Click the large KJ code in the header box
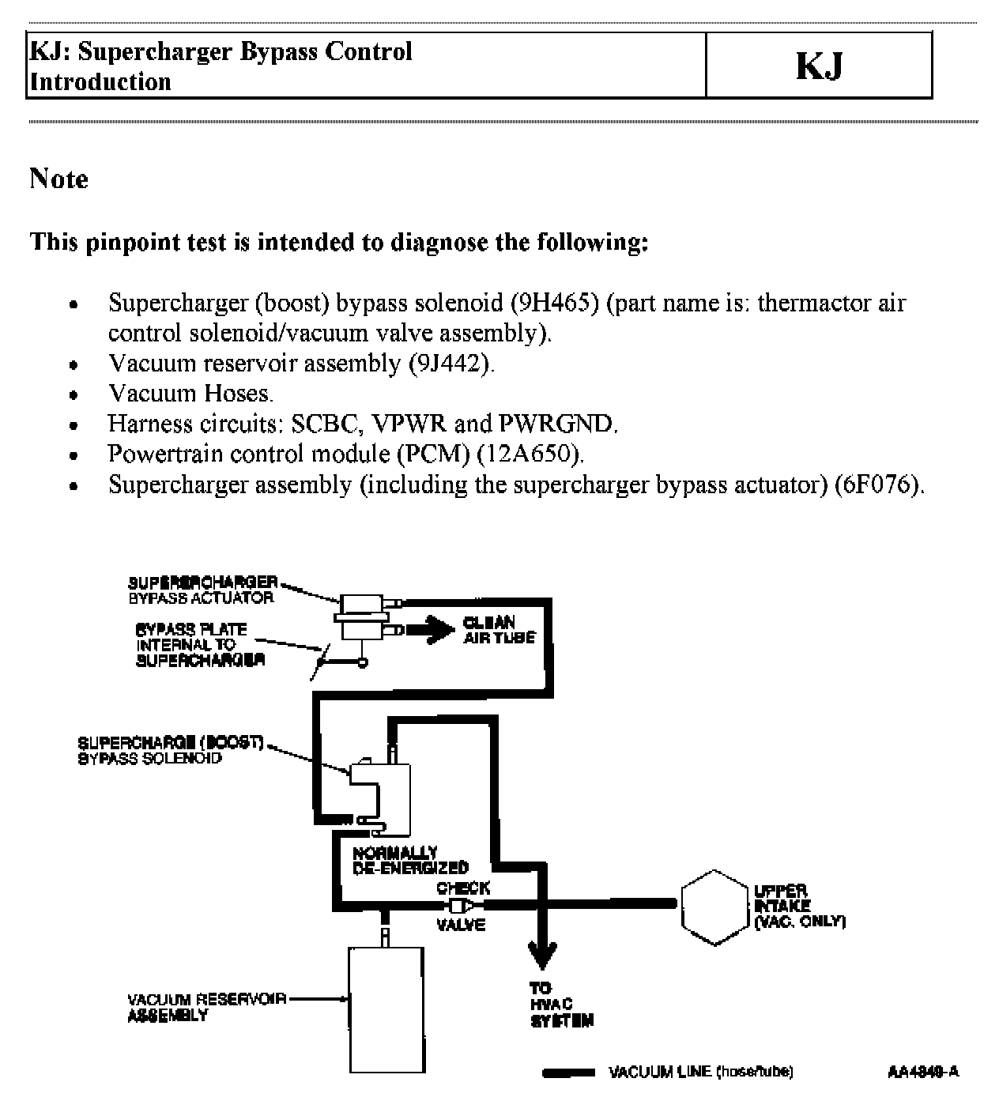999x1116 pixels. click(820, 66)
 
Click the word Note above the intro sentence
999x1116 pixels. click(58, 179)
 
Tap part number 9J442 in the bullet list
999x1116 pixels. click(449, 363)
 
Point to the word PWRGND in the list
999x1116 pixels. click(556, 424)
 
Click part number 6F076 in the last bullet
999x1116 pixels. click(876, 484)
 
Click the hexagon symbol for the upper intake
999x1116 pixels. click(714, 907)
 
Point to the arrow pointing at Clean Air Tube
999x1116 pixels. click(431, 630)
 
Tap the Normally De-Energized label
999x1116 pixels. click(410, 860)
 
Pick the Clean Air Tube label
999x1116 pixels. click(499, 630)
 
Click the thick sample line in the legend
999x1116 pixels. click(567, 1073)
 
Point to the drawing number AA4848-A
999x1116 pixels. click(922, 1072)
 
